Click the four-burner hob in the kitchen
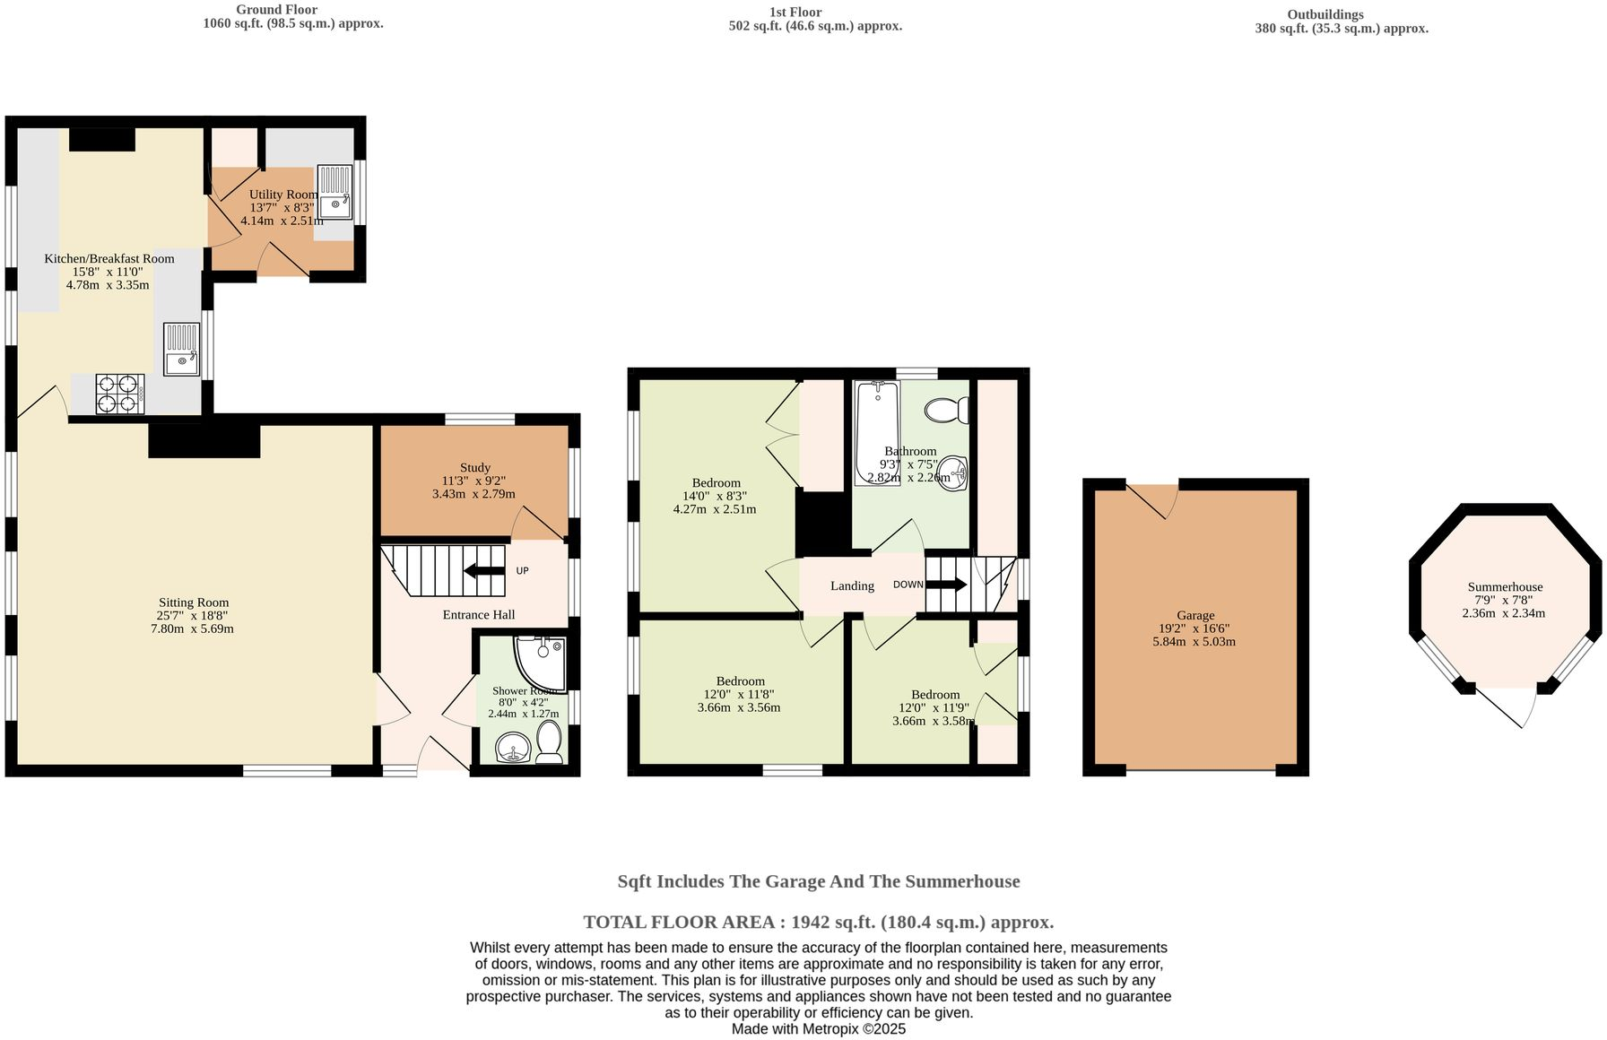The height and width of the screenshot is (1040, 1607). click(119, 394)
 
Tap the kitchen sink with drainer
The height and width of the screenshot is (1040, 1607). click(182, 350)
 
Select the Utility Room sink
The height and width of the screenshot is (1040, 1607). click(335, 192)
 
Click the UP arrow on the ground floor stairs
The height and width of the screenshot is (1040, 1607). click(484, 571)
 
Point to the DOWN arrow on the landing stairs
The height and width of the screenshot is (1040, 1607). click(945, 585)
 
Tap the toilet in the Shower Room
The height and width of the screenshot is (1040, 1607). click(549, 744)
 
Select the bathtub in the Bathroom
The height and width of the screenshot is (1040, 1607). click(876, 433)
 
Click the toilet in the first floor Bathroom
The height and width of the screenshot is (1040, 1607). click(948, 411)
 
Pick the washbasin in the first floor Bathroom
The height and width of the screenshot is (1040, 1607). click(957, 473)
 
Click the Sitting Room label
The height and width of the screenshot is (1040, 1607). click(194, 602)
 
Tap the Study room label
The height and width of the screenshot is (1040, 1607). click(475, 467)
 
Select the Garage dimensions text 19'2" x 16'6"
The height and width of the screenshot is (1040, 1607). click(1195, 628)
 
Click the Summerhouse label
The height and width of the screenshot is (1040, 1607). click(1505, 587)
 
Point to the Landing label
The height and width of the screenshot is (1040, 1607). click(852, 586)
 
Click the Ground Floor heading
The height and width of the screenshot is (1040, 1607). click(276, 10)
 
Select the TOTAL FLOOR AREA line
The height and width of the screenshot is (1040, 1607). click(818, 922)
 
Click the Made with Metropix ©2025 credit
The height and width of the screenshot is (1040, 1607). click(818, 1029)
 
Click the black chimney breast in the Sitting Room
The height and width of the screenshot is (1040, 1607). click(204, 441)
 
